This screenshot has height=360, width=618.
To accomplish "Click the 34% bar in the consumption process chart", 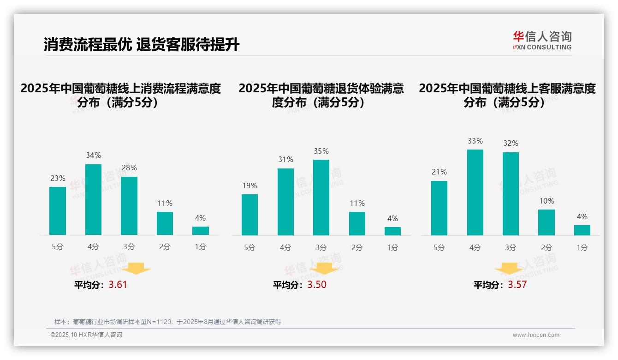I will (93, 199).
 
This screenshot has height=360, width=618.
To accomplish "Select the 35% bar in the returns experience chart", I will (321, 198).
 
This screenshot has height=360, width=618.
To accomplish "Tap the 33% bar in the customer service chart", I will (475, 192).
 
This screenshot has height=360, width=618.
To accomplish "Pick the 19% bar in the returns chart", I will (250, 215).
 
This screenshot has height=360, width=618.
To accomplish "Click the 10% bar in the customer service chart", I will (547, 222).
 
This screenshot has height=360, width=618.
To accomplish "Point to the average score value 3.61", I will (118, 285).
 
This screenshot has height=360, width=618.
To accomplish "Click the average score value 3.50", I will (317, 285).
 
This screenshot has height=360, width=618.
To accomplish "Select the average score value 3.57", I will (517, 285).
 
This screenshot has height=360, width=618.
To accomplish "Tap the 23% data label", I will (58, 179).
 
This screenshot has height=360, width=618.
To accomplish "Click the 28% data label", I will (129, 168).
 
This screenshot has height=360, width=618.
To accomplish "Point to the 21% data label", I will (439, 172).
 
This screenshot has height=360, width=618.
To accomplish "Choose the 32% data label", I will (511, 144).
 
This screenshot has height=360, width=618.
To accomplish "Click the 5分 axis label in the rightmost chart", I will (439, 248).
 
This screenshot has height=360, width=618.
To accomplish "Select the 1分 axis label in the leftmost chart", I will (201, 247).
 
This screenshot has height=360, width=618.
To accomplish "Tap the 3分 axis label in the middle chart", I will (321, 248).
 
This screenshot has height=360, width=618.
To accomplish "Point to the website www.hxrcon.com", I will (535, 335).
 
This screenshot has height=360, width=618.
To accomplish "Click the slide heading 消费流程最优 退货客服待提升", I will (142, 45).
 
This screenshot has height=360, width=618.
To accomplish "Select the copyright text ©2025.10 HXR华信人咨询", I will (86, 335).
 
